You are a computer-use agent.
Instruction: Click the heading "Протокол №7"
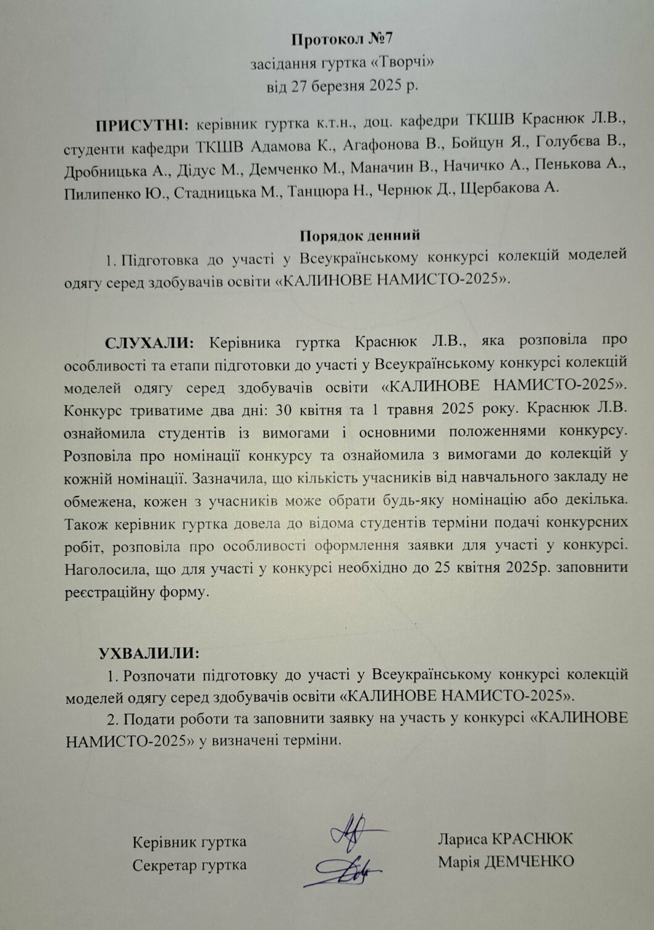click(342, 41)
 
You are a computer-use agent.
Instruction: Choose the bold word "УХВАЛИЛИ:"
click(149, 653)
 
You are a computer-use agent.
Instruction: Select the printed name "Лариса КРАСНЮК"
click(505, 839)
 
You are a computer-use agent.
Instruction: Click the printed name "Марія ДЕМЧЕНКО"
click(506, 861)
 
